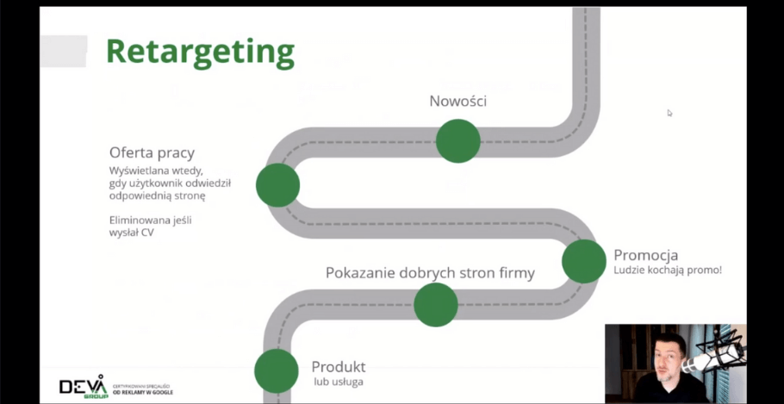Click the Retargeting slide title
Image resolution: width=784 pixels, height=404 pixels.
200,51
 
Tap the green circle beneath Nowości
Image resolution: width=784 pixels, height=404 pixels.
457,140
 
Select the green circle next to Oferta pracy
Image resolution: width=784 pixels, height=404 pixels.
277,184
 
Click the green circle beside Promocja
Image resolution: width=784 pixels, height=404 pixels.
584,262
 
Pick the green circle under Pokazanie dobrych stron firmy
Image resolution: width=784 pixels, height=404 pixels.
436,304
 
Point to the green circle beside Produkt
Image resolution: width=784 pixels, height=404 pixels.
277,371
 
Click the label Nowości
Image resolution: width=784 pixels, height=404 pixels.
457,101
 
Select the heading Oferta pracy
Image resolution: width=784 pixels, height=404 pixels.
152,152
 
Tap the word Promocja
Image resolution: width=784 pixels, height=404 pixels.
645,255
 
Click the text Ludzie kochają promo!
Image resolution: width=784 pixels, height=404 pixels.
668,270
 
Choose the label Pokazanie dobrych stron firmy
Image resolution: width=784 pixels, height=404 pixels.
430,273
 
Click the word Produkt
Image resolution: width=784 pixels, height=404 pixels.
339,366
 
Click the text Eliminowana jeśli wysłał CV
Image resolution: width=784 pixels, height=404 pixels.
150,226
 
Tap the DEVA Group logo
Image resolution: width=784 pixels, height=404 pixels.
83,387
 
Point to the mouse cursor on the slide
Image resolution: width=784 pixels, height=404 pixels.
669,113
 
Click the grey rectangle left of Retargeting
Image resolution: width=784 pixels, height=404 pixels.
64,51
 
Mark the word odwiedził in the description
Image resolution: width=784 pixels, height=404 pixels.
206,183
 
